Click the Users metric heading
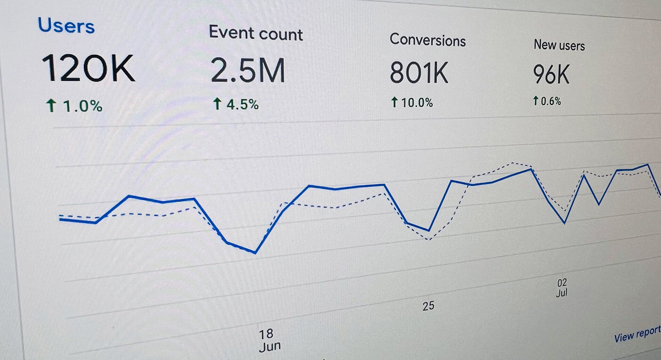pos(66,26)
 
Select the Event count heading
pos(256,33)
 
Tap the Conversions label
pos(428,40)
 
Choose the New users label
pos(559,45)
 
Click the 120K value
pos(88,69)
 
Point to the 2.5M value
pos(248,71)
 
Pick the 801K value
pos(419,73)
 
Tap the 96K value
pos(551,75)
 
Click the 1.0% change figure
pos(82,106)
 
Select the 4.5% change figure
pos(242,104)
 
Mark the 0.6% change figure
pos(551,101)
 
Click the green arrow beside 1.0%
pos(51,105)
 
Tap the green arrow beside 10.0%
pos(395,102)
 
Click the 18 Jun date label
pos(269,340)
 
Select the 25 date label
pos(428,306)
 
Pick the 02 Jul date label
pos(562,288)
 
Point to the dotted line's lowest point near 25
pos(429,239)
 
